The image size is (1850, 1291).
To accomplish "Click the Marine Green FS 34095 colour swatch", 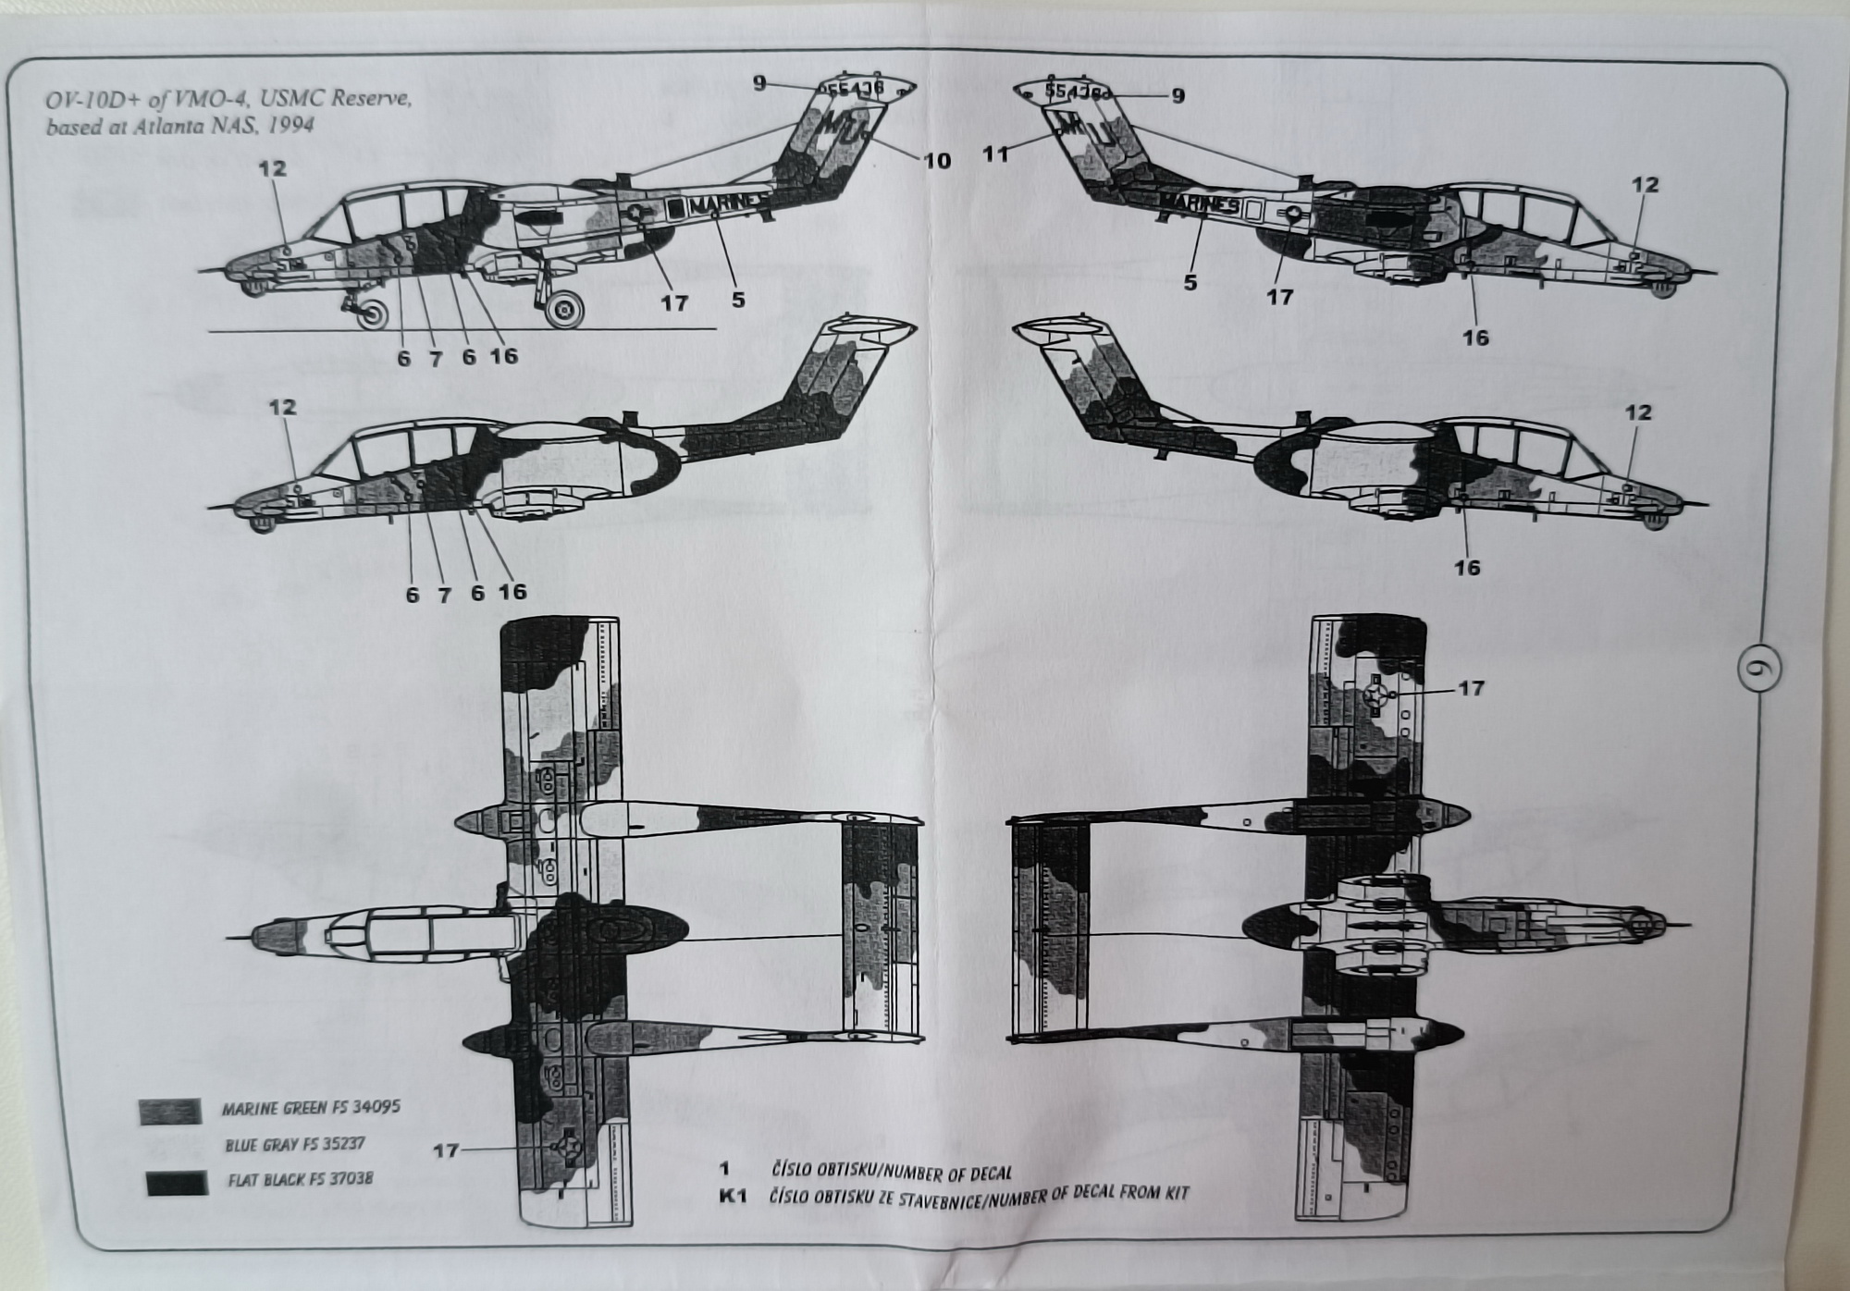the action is [x=170, y=1111].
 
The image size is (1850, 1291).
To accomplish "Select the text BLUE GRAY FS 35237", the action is [x=295, y=1144].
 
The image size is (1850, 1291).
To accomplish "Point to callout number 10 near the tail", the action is [x=937, y=160].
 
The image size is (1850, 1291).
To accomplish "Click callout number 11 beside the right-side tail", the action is [x=996, y=154].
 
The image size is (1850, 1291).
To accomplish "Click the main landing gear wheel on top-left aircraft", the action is [x=563, y=310].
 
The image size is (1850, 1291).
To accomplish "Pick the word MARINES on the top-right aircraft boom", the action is [x=1198, y=203].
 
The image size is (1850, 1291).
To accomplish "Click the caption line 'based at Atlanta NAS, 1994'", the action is [x=180, y=126].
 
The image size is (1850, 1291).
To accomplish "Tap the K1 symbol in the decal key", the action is [x=733, y=1198].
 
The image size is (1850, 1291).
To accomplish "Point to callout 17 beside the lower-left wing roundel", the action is [x=446, y=1150].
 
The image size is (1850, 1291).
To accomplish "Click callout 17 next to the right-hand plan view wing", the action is [x=1471, y=688].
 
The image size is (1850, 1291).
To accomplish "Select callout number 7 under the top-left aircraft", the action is [x=436, y=359].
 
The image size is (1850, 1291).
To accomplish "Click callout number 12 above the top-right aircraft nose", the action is [x=1646, y=185].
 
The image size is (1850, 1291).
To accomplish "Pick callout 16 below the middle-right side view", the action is [x=1468, y=567].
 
